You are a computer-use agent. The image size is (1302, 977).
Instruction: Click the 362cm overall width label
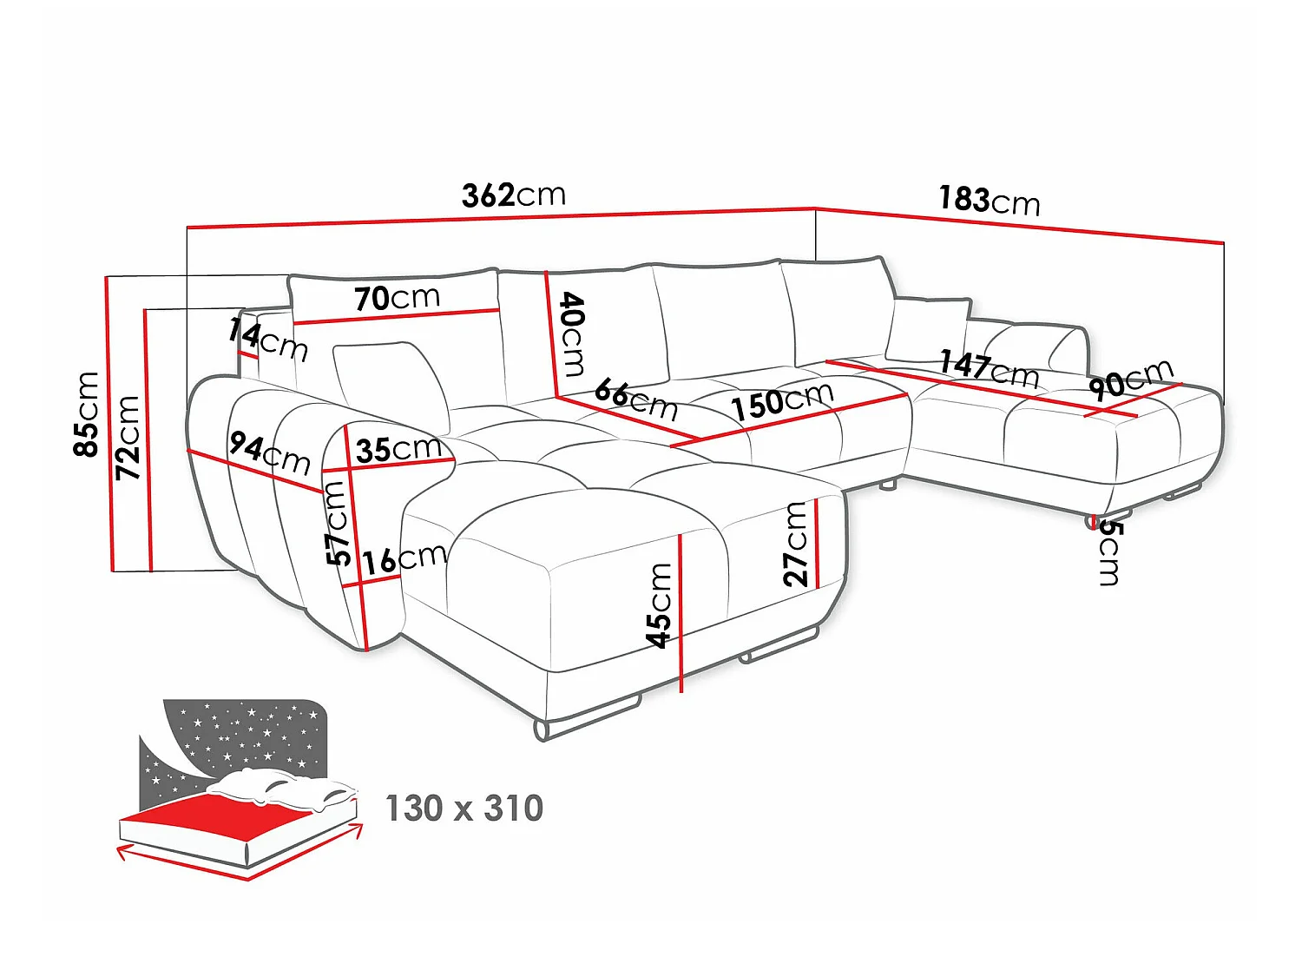(x=514, y=195)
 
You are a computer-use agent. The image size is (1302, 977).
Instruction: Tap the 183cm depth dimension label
(x=989, y=201)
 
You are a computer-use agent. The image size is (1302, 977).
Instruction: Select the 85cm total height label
(x=86, y=414)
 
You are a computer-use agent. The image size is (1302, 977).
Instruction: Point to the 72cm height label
(x=128, y=437)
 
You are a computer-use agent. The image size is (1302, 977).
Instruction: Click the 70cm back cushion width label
(x=398, y=297)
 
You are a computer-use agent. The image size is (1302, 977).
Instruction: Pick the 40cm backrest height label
(x=572, y=334)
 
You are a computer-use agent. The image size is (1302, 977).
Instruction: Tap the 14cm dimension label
(x=268, y=340)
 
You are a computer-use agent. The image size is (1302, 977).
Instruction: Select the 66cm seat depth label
(x=636, y=399)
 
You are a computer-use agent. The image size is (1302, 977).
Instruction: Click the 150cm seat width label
(x=782, y=400)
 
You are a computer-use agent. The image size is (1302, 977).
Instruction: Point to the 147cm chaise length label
(x=989, y=368)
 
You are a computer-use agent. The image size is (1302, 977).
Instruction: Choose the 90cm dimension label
(x=1131, y=380)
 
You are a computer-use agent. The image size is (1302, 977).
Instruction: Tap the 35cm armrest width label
(x=398, y=450)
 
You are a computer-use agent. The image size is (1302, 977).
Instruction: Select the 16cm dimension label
(x=404, y=559)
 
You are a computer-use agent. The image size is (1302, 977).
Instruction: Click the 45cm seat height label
(x=659, y=605)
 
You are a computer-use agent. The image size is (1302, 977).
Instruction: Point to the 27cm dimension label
(x=795, y=544)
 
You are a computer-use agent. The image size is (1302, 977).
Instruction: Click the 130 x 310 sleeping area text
(x=464, y=808)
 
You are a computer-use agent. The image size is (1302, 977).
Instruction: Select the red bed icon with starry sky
(x=240, y=789)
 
